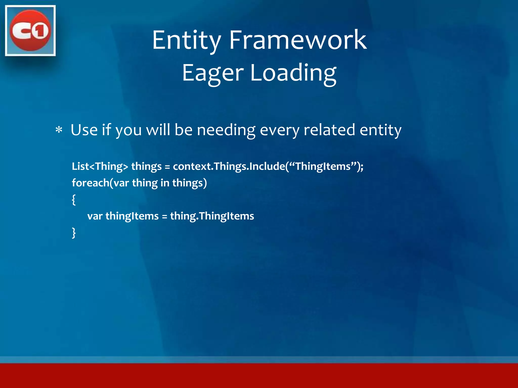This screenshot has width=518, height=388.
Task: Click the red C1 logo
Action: [x=30, y=31]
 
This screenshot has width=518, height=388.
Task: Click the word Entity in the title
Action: [x=187, y=40]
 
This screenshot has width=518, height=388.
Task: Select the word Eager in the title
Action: [x=213, y=73]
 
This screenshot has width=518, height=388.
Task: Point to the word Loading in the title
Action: [x=293, y=73]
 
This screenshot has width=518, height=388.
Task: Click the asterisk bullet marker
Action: [x=59, y=130]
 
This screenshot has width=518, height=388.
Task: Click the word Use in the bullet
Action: [x=84, y=130]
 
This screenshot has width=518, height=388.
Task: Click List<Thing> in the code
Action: [x=100, y=166]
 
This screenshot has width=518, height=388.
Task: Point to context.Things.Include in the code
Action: [x=229, y=166]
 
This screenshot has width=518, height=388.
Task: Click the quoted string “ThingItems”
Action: [x=323, y=166]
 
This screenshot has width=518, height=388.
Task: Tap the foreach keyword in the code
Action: [x=91, y=183]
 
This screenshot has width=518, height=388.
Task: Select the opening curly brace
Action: [x=74, y=200]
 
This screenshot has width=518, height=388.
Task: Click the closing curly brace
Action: [x=74, y=233]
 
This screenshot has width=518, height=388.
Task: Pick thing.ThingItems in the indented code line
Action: [x=212, y=216]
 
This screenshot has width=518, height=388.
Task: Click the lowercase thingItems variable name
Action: [x=132, y=216]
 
